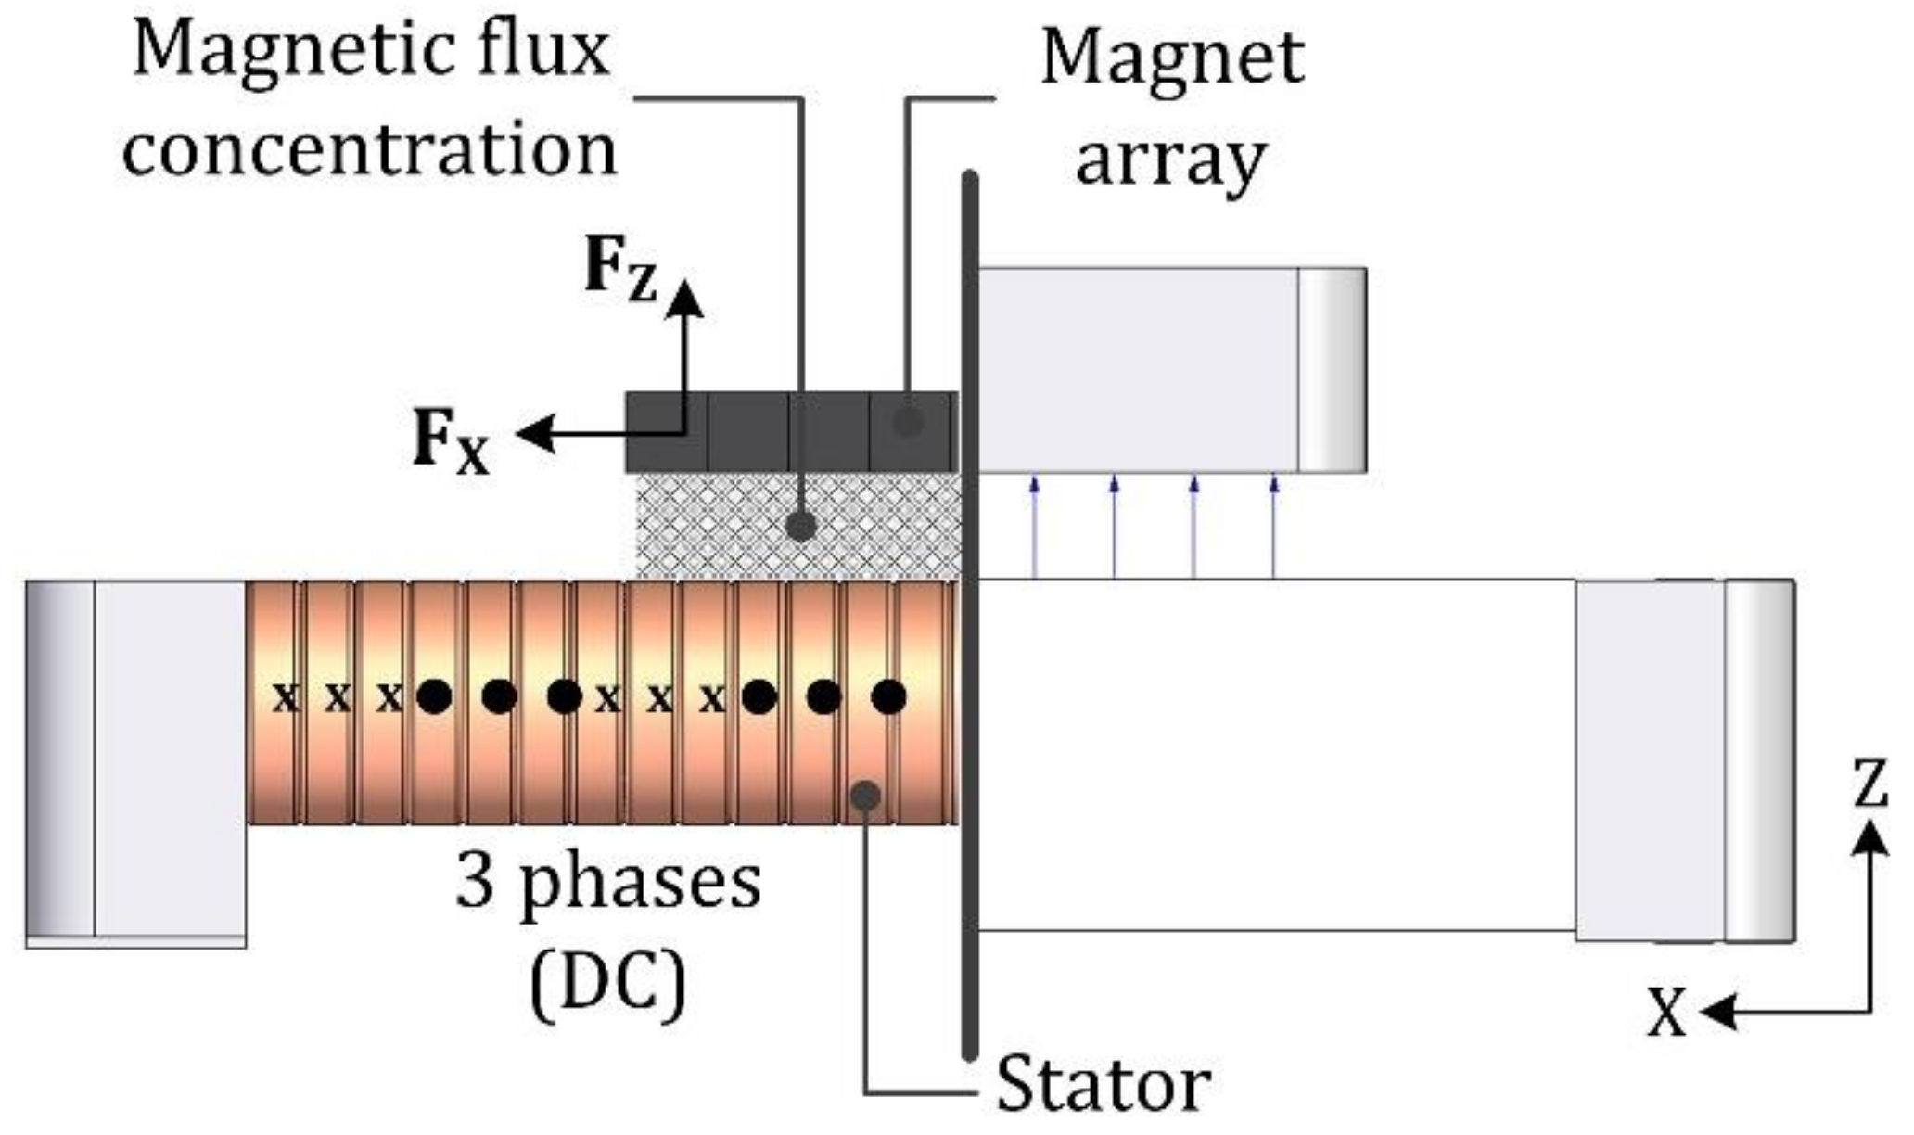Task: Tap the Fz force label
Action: pos(620,269)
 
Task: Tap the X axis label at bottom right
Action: pos(1666,1013)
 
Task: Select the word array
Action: pos(1170,160)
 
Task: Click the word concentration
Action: pos(369,149)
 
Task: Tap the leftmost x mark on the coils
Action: pos(286,696)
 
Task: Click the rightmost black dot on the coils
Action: pos(888,696)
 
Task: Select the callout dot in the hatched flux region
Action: pos(800,527)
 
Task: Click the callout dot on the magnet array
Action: pos(908,422)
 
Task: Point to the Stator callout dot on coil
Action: pos(864,795)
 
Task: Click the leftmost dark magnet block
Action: pos(667,433)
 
